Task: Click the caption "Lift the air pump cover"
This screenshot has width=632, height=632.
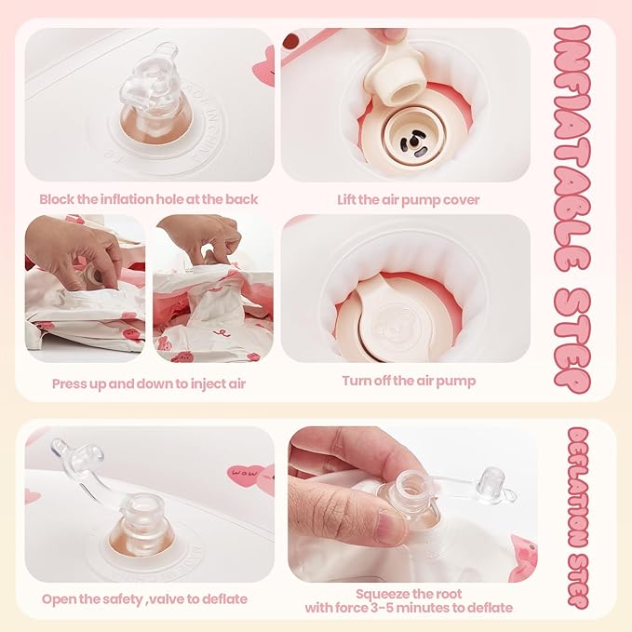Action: [x=409, y=200]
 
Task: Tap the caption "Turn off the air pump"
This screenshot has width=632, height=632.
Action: [x=409, y=381]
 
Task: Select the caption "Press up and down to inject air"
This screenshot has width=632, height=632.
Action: [x=149, y=383]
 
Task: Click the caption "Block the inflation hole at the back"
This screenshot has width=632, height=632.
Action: [x=149, y=199]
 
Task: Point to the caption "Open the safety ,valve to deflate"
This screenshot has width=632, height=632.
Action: [x=144, y=599]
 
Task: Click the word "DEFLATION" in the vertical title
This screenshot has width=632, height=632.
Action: [x=578, y=488]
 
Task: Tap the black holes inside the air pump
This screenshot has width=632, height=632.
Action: [x=412, y=144]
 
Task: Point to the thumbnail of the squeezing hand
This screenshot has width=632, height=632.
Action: [x=412, y=504]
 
